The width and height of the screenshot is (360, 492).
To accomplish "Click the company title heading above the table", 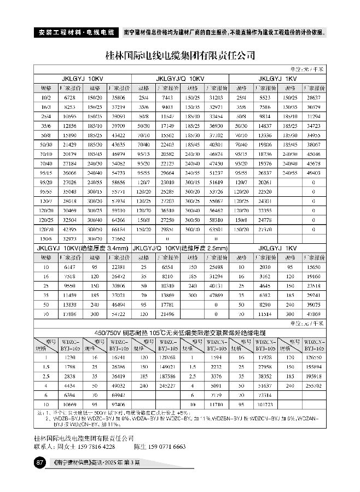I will [x=180, y=56].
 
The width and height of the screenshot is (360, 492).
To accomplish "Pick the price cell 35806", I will [x=118, y=97].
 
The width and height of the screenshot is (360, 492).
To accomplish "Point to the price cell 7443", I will [x=167, y=97].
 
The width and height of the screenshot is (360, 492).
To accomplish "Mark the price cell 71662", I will [x=118, y=239].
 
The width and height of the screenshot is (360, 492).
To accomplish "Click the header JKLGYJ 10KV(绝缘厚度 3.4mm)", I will [x=82, y=248].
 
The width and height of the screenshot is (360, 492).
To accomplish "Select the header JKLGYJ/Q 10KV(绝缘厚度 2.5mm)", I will [x=180, y=248].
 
